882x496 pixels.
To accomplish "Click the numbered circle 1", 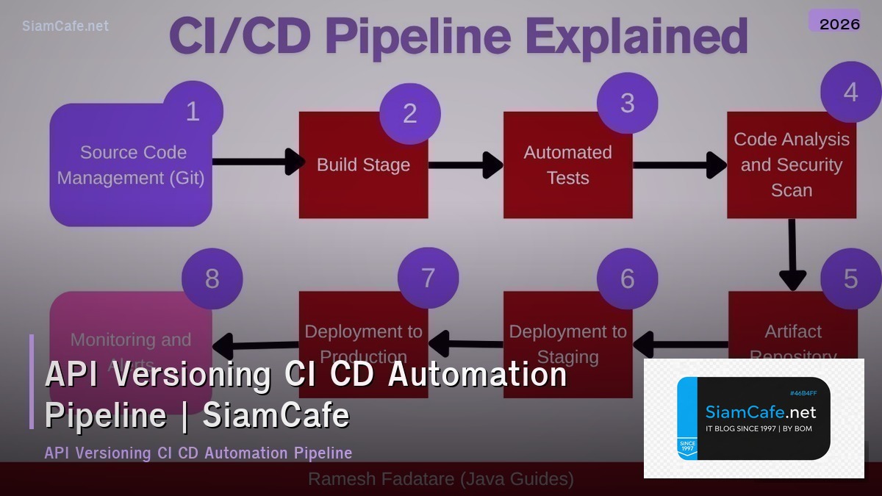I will pyautogui.click(x=193, y=112).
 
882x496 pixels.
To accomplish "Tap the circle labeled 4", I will pyautogui.click(x=850, y=93).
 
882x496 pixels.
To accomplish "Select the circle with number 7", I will pyautogui.click(x=428, y=278).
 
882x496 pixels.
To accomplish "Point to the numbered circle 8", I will pyautogui.click(x=212, y=278).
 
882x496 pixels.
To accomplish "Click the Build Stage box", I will pyautogui.click(x=363, y=165).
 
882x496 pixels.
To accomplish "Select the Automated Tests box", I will pyautogui.click(x=567, y=165).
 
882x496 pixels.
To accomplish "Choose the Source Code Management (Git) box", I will pyautogui.click(x=131, y=165).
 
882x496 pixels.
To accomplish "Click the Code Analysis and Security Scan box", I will pyautogui.click(x=792, y=165).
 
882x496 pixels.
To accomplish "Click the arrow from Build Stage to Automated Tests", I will pyautogui.click(x=465, y=165).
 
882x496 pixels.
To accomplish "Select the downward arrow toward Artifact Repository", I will pyautogui.click(x=792, y=254).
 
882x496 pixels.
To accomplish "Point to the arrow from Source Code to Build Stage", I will pyautogui.click(x=257, y=162).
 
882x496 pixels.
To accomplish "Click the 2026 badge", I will pyautogui.click(x=839, y=24).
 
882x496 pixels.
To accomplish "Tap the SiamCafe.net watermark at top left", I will pyautogui.click(x=65, y=26).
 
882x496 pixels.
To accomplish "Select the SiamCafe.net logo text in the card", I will pyautogui.click(x=761, y=412).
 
